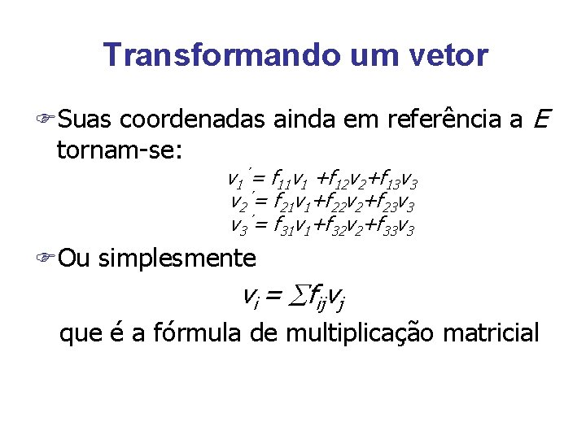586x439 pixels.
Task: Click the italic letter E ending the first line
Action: tap(544, 120)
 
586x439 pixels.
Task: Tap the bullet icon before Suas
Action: tap(48, 121)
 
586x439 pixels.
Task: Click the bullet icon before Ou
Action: tap(48, 259)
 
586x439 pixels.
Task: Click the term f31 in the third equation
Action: tap(281, 227)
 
